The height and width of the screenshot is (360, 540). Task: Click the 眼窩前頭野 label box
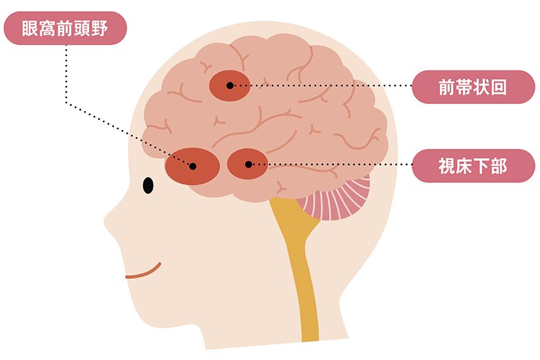65,28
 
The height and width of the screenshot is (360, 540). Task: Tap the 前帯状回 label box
473,87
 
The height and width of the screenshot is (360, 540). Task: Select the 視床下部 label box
473,166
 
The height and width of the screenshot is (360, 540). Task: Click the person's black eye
148,186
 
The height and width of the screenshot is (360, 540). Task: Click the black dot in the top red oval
230,86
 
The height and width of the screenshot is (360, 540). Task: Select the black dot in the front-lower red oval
193,167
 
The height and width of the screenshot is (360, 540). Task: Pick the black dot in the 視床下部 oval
248,165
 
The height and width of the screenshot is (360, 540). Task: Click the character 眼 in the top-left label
30,28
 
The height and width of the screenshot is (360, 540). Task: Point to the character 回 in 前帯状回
499,87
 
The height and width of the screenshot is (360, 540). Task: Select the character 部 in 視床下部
499,166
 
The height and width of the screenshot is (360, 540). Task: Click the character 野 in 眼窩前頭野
99,28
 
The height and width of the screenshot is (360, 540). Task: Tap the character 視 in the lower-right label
447,166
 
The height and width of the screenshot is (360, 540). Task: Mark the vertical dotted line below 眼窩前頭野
66,74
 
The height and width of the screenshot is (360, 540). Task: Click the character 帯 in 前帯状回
464,87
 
